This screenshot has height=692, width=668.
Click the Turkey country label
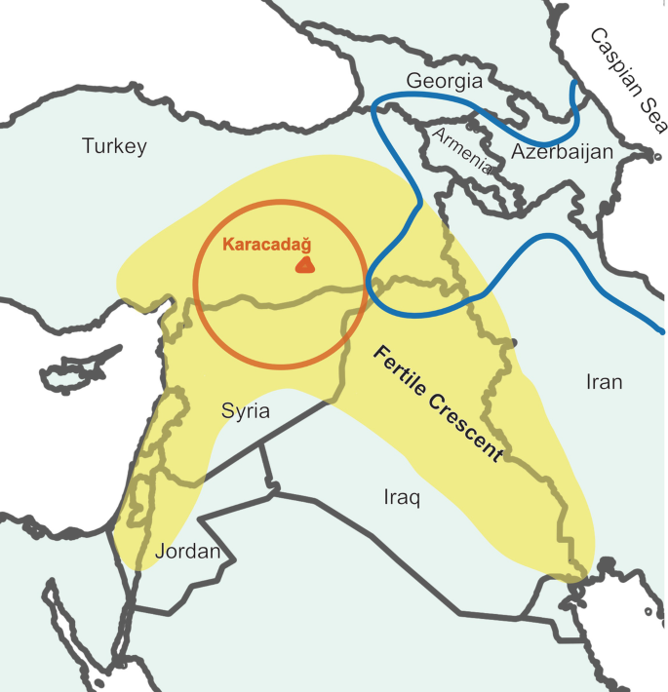(x=114, y=146)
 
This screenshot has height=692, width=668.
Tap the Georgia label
(x=445, y=81)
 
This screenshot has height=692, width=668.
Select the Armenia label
(x=462, y=149)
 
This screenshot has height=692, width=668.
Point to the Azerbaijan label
(x=562, y=152)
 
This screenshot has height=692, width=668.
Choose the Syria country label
(x=245, y=411)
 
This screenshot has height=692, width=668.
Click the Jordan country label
(x=186, y=552)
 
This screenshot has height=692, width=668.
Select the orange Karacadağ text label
(x=273, y=244)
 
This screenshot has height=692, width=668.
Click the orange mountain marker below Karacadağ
(x=305, y=264)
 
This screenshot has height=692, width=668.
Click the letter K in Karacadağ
(x=228, y=244)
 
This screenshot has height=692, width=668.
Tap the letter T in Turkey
(x=87, y=146)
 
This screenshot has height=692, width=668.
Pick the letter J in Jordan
(x=157, y=552)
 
